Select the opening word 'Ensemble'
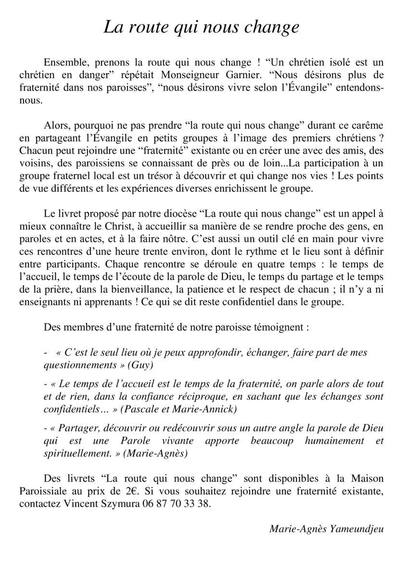point(63,63)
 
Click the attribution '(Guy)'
point(140,365)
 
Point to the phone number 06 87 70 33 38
point(177,504)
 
